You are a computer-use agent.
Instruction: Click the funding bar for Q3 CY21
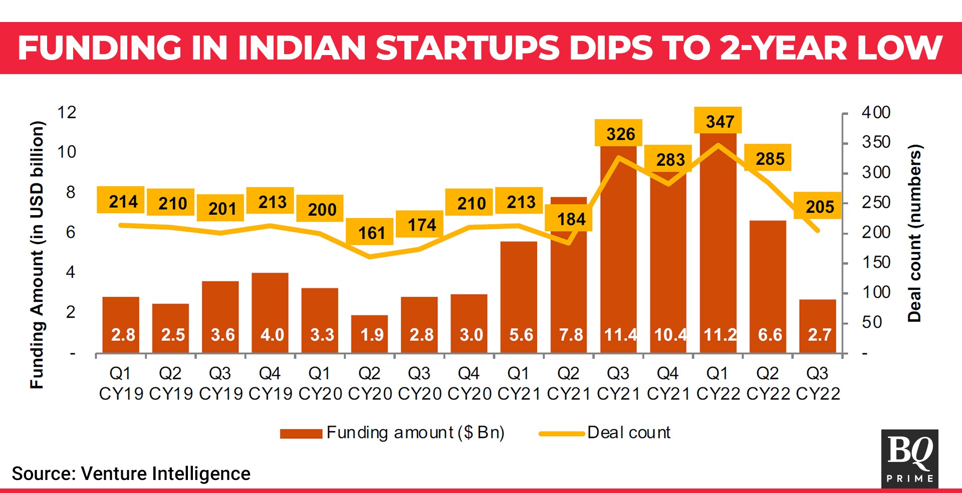click(x=618, y=250)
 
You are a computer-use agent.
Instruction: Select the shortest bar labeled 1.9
click(x=369, y=334)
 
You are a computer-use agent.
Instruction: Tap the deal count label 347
click(x=720, y=121)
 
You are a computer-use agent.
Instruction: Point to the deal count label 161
click(x=371, y=233)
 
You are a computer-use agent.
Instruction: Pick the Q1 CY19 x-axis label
click(x=121, y=383)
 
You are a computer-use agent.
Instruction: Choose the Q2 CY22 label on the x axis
click(x=768, y=383)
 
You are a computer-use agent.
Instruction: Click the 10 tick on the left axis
click(x=67, y=152)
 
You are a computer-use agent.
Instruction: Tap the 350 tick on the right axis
click(x=876, y=142)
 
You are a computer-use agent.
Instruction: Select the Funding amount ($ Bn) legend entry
click(x=392, y=432)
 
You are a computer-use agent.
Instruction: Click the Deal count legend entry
click(x=605, y=432)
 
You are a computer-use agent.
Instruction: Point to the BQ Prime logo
click(x=909, y=458)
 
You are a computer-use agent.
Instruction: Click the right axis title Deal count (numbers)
click(x=914, y=233)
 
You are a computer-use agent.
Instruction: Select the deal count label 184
click(x=571, y=219)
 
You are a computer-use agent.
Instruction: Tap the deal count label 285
click(x=770, y=159)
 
